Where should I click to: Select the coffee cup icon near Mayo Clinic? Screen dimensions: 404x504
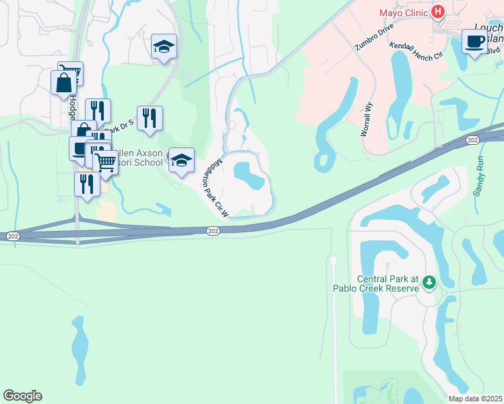coord(474,41)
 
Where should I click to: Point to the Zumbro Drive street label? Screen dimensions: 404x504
coord(374,39)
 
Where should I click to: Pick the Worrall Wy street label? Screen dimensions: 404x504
coord(367,120)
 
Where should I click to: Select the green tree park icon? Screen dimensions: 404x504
coord(428,283)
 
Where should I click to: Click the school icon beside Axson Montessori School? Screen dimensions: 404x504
coord(181,160)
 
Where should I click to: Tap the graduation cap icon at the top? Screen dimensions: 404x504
coord(164,46)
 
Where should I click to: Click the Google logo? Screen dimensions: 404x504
coord(22,396)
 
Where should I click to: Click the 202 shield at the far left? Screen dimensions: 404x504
coord(12,236)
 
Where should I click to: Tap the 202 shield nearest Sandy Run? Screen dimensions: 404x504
coord(472,140)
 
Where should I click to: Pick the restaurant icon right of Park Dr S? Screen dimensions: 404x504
coord(150,119)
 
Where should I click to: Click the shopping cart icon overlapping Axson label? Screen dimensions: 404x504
coord(104,162)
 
